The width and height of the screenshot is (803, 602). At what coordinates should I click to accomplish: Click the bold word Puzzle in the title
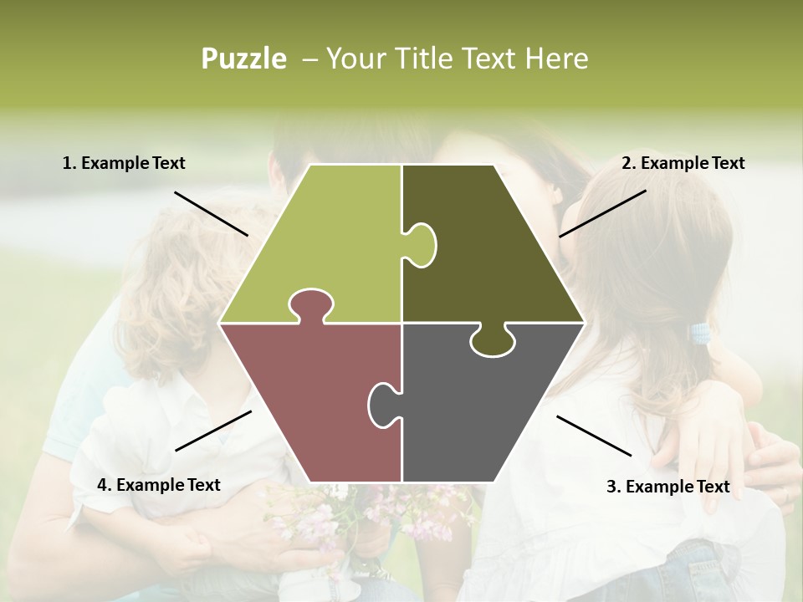click(x=243, y=59)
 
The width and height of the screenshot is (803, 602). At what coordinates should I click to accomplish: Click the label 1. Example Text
click(x=124, y=163)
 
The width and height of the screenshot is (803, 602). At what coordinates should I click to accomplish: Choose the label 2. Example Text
click(x=683, y=163)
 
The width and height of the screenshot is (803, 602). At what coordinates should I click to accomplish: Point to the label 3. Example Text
click(x=667, y=487)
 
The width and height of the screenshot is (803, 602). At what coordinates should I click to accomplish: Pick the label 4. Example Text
click(x=159, y=484)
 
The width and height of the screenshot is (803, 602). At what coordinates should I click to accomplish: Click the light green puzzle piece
click(x=326, y=242)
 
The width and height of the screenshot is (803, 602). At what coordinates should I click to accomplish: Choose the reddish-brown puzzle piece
click(x=309, y=401)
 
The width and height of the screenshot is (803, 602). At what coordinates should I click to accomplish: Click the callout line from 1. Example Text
click(x=211, y=213)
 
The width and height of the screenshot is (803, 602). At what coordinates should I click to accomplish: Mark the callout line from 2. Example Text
click(x=602, y=213)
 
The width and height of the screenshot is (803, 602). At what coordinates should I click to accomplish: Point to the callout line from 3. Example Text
click(x=594, y=436)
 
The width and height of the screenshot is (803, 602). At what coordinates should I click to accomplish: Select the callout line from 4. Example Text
click(x=213, y=431)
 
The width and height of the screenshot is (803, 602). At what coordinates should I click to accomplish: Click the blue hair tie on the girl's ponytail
click(x=699, y=334)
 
